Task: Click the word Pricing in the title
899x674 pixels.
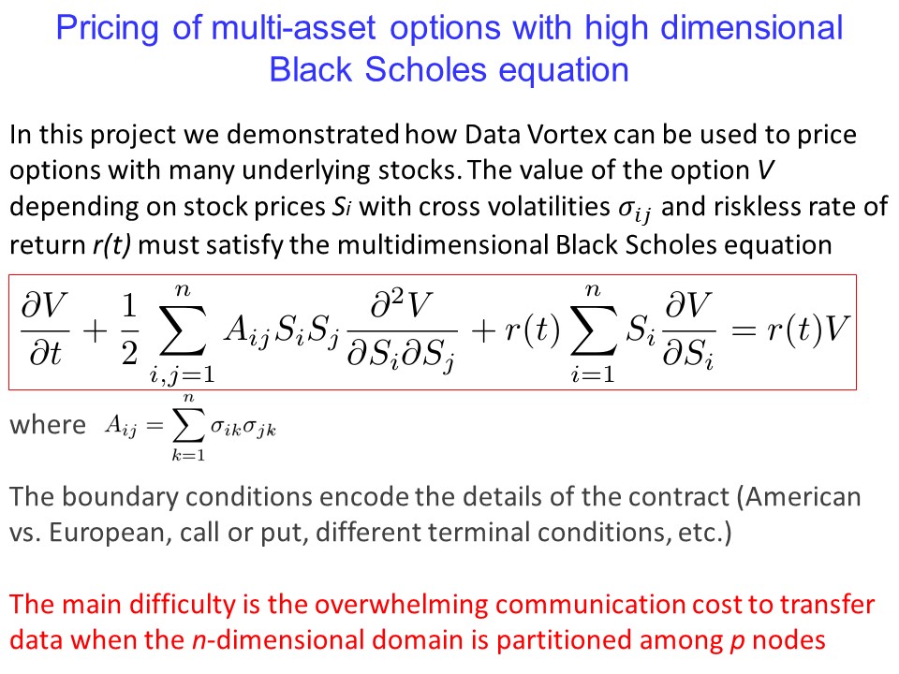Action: (x=107, y=28)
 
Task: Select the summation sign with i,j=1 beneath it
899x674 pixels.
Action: (x=183, y=330)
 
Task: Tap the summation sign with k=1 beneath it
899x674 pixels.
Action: (x=188, y=425)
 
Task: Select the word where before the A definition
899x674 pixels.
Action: (x=48, y=425)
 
